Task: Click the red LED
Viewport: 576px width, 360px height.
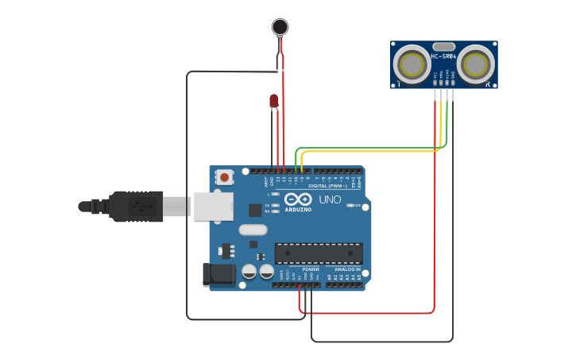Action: (274, 100)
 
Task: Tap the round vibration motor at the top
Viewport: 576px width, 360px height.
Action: (280, 27)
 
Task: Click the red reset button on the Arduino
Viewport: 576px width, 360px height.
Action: (225, 177)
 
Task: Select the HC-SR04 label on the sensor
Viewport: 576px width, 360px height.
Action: (443, 57)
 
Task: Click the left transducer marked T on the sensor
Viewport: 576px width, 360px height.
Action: (412, 64)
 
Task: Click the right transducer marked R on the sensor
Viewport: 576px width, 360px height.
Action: (476, 64)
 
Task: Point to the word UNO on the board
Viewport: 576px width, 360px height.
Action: (330, 199)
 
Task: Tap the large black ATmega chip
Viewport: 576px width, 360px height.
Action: (319, 254)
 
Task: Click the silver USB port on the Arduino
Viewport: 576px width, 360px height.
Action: (213, 205)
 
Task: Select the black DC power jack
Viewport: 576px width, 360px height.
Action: (220, 274)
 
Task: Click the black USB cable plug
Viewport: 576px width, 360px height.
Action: (135, 206)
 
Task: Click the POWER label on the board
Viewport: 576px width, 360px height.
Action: (311, 269)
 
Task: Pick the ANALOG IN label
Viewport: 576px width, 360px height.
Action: (347, 269)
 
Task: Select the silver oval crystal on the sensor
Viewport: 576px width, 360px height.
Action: (443, 47)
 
